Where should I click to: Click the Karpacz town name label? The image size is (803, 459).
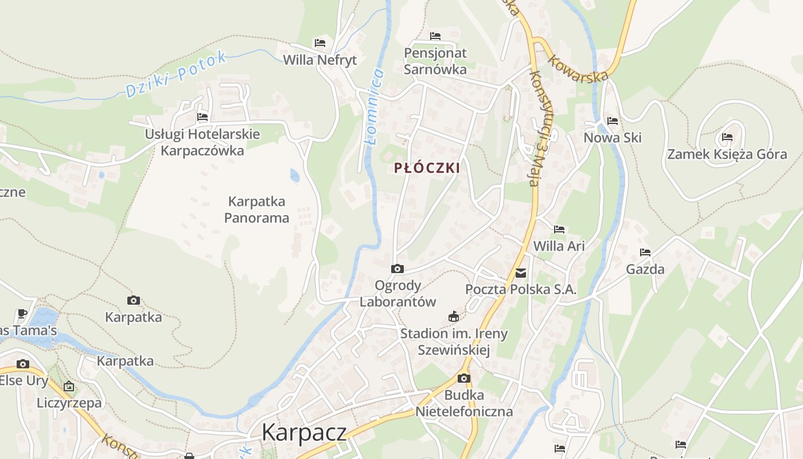pyautogui.click(x=304, y=433)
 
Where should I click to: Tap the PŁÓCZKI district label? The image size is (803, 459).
pyautogui.click(x=427, y=168)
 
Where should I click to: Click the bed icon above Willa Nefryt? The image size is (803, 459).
pyautogui.click(x=320, y=43)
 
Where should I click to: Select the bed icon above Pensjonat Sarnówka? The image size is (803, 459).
pyautogui.click(x=435, y=36)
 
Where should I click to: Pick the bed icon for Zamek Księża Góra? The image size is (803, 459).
pyautogui.click(x=727, y=137)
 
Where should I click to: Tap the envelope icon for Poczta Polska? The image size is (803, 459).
pyautogui.click(x=521, y=273)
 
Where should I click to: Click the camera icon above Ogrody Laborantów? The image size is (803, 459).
pyautogui.click(x=397, y=269)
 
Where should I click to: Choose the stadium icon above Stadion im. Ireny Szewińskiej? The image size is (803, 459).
pyautogui.click(x=454, y=316)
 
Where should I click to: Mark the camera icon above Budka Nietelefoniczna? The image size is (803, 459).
pyautogui.click(x=463, y=378)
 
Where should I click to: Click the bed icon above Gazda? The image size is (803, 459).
pyautogui.click(x=645, y=252)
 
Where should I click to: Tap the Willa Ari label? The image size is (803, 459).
pyautogui.click(x=559, y=246)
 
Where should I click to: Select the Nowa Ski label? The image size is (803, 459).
pyautogui.click(x=612, y=138)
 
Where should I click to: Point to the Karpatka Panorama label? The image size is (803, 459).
pyautogui.click(x=256, y=209)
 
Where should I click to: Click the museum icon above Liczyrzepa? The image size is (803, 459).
pyautogui.click(x=69, y=386)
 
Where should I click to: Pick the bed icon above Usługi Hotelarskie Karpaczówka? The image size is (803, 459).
pyautogui.click(x=202, y=117)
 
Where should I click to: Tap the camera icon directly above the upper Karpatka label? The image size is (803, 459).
pyautogui.click(x=134, y=300)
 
